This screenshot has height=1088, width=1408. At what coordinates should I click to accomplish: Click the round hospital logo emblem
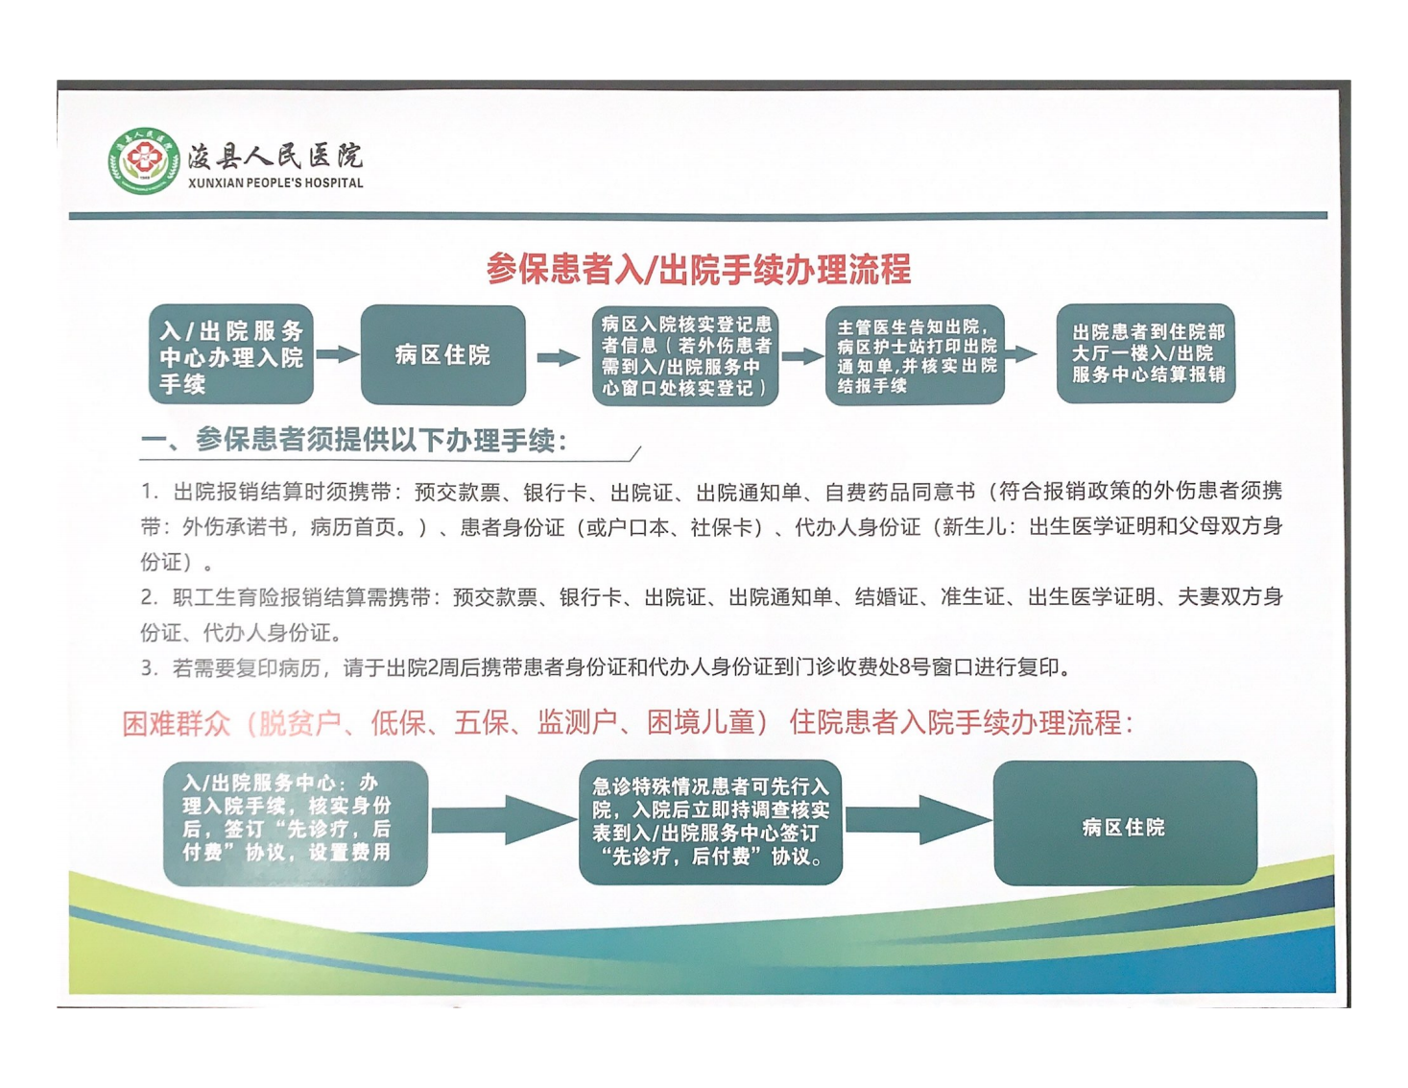pyautogui.click(x=144, y=160)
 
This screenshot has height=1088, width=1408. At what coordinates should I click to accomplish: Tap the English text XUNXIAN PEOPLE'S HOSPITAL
pyautogui.click(x=275, y=183)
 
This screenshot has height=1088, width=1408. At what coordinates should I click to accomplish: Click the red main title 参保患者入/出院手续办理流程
pyautogui.click(x=699, y=269)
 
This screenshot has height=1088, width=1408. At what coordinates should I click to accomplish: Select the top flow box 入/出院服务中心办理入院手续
pyautogui.click(x=231, y=354)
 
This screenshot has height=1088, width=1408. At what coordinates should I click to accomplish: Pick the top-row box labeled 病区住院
pyautogui.click(x=443, y=355)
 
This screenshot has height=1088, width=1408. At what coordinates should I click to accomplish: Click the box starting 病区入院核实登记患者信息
pyautogui.click(x=685, y=355)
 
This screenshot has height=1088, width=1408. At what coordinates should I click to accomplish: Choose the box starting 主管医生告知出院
pyautogui.click(x=915, y=355)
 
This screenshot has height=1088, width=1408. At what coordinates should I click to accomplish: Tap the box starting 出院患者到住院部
pyautogui.click(x=1146, y=353)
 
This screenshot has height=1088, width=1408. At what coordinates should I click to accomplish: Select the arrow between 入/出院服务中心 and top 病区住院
pyautogui.click(x=338, y=354)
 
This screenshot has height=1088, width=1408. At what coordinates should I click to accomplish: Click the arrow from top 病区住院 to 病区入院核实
pyautogui.click(x=559, y=357)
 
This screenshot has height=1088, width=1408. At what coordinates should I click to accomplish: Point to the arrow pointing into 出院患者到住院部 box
pyautogui.click(x=1021, y=353)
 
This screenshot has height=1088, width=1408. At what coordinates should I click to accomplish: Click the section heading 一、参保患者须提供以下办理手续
pyautogui.click(x=354, y=441)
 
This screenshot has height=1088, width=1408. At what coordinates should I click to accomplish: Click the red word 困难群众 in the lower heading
pyautogui.click(x=177, y=723)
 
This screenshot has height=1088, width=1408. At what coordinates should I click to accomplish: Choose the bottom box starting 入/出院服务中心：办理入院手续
pyautogui.click(x=296, y=823)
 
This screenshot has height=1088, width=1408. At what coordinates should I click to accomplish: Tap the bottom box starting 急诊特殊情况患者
pyautogui.click(x=710, y=822)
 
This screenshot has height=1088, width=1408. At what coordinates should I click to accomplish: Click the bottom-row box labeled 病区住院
pyautogui.click(x=1125, y=823)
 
